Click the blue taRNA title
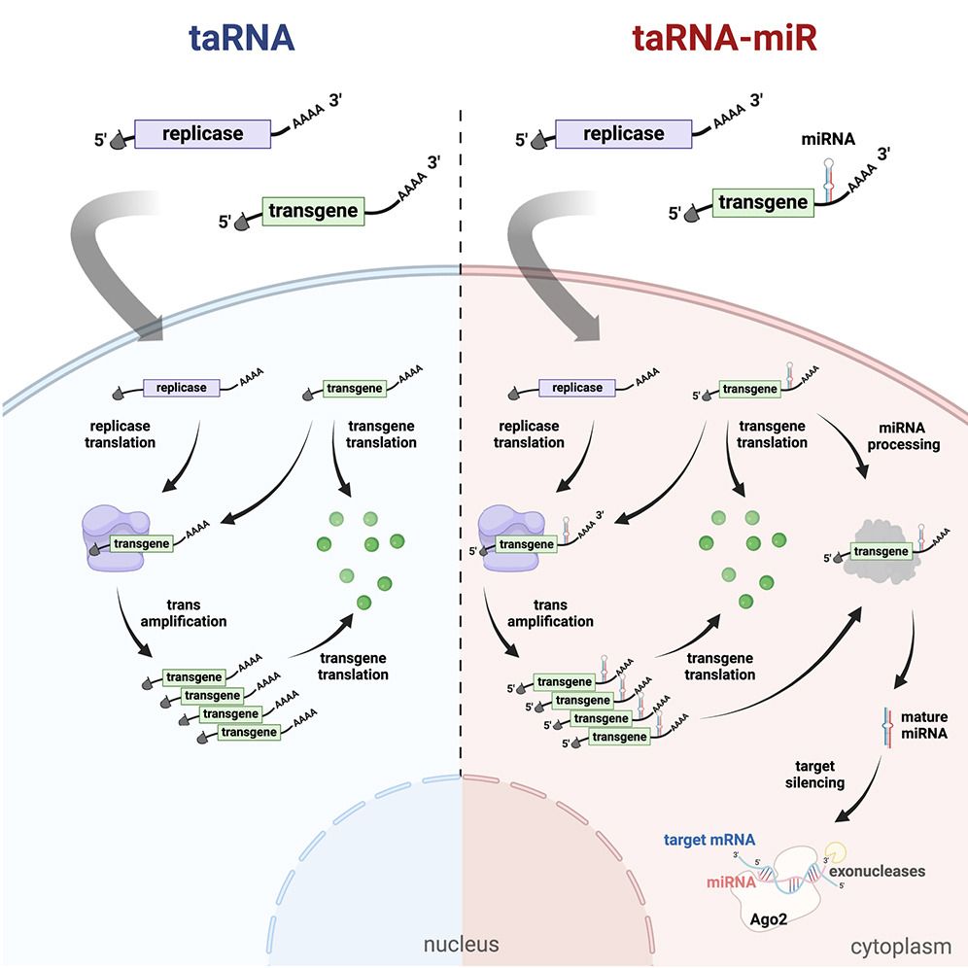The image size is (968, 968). click(241, 38)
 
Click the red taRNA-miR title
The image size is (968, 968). click(725, 38)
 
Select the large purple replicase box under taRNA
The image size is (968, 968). click(202, 133)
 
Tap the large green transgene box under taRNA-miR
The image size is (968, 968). click(762, 203)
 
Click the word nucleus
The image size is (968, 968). click(460, 944)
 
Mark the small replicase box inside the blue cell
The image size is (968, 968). click(182, 388)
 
